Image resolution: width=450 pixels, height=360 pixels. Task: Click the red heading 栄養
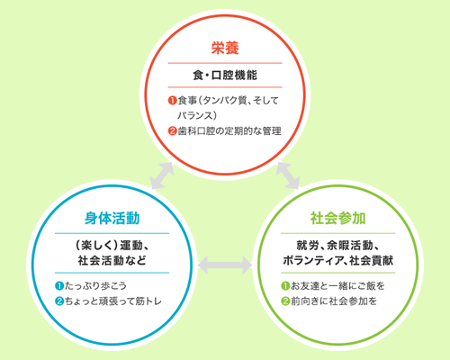pos(225,48)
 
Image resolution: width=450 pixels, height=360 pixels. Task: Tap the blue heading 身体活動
pos(112,218)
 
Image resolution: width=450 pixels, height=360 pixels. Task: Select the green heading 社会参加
pos(337,218)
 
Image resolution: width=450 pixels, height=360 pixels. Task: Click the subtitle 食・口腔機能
pos(225,75)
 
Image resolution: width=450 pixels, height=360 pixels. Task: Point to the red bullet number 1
pos(172,101)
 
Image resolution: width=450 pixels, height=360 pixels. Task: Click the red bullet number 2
pos(172,131)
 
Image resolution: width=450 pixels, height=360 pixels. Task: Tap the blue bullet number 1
pos(59,286)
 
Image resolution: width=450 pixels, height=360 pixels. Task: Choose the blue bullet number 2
pos(59,301)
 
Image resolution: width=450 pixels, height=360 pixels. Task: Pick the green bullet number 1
pos(285,286)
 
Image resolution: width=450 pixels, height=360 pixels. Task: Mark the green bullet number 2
pos(285,301)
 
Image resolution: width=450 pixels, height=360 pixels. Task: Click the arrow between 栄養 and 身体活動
pos(162,175)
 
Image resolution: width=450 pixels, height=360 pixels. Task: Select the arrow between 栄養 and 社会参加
pos(288,175)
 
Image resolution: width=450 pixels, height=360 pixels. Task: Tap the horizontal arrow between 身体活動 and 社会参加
pos(225,265)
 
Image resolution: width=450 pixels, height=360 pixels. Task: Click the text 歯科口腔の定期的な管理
pos(229,131)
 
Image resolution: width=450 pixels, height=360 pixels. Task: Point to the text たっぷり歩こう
pos(95,286)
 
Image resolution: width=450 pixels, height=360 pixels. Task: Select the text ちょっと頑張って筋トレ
pos(113,301)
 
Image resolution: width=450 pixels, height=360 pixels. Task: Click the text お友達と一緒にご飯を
pos(337,286)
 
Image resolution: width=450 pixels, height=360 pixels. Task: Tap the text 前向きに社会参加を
pos(334,301)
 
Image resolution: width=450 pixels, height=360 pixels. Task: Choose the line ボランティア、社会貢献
pos(337,260)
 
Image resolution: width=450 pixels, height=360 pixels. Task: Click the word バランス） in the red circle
pos(197,116)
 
